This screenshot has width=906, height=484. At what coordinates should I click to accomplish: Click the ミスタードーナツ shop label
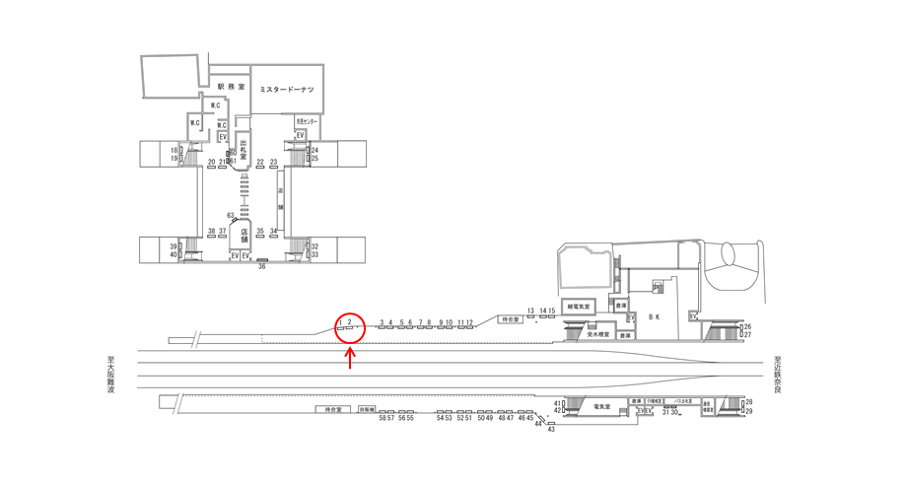click(286, 90)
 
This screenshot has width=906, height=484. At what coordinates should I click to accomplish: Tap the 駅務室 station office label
click(229, 87)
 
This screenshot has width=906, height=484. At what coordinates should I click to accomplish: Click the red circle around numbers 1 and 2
click(350, 326)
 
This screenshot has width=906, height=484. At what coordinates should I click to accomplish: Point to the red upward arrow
click(350, 358)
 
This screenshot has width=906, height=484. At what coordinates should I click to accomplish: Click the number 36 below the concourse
click(262, 266)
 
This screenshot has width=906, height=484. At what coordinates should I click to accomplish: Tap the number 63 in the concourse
click(231, 215)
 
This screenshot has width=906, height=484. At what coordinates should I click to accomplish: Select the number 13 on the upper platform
click(530, 311)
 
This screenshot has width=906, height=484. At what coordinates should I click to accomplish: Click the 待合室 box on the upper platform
click(509, 319)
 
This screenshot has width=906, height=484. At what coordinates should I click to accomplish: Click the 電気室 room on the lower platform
click(602, 406)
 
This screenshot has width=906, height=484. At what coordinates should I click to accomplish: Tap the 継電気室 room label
click(579, 307)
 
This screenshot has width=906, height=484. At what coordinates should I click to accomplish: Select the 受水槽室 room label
click(598, 334)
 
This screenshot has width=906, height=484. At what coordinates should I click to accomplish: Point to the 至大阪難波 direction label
click(111, 376)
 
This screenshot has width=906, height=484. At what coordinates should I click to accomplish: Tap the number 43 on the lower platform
click(551, 430)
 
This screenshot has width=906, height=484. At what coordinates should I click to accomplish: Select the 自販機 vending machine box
click(368, 409)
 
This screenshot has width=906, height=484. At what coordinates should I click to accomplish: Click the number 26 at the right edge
click(747, 326)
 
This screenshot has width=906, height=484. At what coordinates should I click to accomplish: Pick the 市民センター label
click(307, 121)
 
